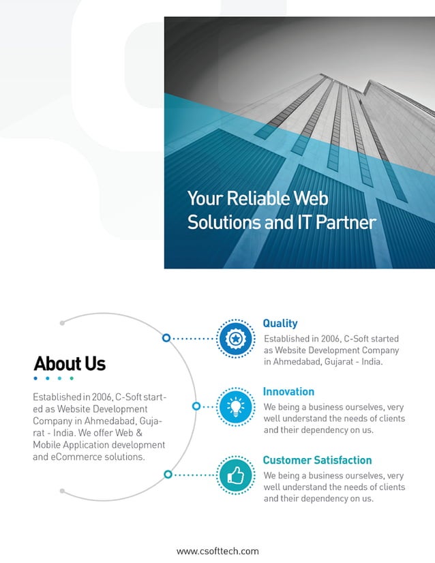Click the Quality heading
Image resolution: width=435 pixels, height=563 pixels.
[x=280, y=324]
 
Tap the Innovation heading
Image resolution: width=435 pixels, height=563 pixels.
[x=288, y=392]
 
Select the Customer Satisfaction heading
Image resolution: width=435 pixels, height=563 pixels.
[x=317, y=460]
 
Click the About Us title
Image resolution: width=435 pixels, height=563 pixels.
[x=70, y=363]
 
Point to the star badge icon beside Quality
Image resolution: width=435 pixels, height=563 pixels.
[x=235, y=338]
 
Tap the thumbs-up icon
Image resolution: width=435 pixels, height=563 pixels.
[x=235, y=475]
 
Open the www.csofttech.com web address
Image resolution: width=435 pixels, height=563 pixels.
[x=217, y=551]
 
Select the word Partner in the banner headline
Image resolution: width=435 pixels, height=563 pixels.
[x=346, y=222]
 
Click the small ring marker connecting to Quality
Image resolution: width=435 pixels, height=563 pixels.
[x=166, y=337]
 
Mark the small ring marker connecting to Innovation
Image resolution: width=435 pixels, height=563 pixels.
[x=196, y=406]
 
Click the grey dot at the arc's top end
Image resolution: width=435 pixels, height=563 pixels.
[x=62, y=323]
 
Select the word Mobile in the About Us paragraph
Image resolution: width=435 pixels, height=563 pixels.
[x=48, y=445]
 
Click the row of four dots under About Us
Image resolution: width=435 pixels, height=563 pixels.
[x=53, y=378]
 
